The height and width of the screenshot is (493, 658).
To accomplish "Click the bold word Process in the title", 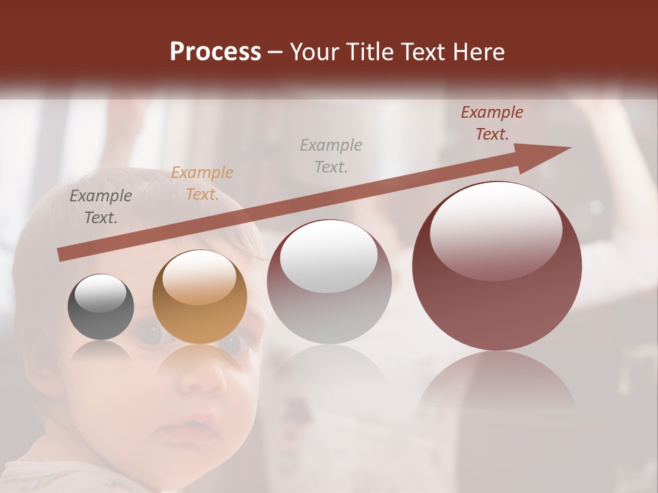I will (215, 52).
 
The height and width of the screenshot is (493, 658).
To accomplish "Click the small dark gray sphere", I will (101, 307).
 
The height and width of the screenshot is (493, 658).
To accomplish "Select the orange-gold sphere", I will (199, 297).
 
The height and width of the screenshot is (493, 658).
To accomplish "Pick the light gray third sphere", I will (329, 281).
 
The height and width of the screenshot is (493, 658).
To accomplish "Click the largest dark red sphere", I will (497, 266).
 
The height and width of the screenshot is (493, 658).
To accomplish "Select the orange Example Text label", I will (202, 184).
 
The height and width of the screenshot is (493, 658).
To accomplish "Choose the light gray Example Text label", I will (331, 155).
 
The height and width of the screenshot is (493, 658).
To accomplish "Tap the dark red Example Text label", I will (492, 123).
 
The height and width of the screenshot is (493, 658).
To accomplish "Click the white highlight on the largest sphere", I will (496, 229).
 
